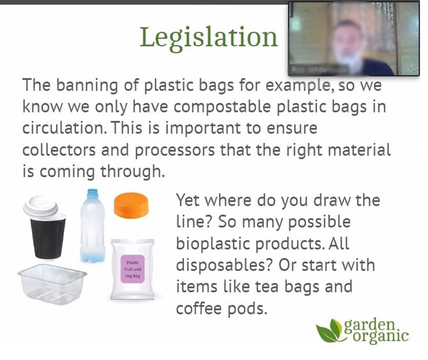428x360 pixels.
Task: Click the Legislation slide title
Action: pyautogui.click(x=209, y=37)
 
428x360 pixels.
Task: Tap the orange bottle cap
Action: pyautogui.click(x=131, y=205)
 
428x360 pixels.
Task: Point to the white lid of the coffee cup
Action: pyautogui.click(x=41, y=206)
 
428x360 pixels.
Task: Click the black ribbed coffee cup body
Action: pyautogui.click(x=48, y=237)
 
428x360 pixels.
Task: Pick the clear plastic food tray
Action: pyautogui.click(x=52, y=284)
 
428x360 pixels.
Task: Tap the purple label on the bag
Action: pyautogui.click(x=132, y=269)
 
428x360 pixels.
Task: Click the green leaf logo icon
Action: pyautogui.click(x=329, y=331)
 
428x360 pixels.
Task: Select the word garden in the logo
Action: pyautogui.click(x=370, y=325)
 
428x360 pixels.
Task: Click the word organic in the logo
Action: pyautogui.click(x=381, y=336)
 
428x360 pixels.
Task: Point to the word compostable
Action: pyautogui.click(x=222, y=107)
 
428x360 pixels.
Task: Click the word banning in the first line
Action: pyautogui.click(x=87, y=85)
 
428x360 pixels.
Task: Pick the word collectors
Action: pyautogui.click(x=59, y=150)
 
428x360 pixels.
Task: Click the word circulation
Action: pyautogui.click(x=65, y=128)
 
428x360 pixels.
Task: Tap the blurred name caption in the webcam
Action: pyautogui.click(x=319, y=70)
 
